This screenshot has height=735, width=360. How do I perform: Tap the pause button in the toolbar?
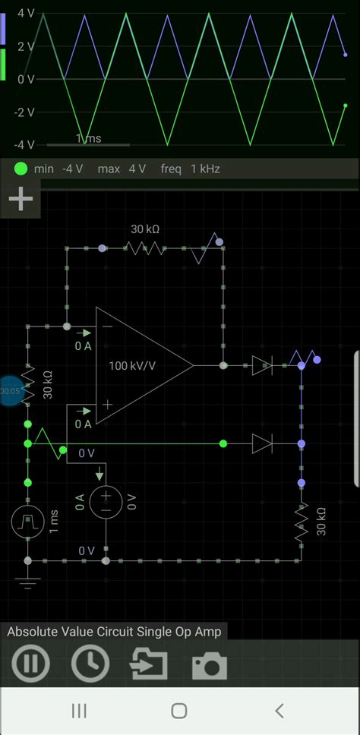point(30,664)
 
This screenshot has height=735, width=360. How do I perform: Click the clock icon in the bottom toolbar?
point(90,664)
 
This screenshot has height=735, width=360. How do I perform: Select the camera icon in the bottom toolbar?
point(209,665)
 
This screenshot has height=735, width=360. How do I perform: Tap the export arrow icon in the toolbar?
point(150,664)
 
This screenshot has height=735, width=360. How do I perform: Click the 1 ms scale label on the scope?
point(88,138)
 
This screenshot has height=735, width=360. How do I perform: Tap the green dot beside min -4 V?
point(21,169)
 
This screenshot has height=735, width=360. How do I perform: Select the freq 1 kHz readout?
point(190,169)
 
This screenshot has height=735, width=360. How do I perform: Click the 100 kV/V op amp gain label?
point(132,366)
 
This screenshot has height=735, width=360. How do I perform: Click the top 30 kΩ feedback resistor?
point(144,248)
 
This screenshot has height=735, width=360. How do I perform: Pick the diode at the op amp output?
point(261,365)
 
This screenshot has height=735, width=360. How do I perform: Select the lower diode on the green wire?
point(261,443)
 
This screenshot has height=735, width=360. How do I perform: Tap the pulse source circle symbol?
point(27,521)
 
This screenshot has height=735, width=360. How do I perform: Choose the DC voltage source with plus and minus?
point(105,501)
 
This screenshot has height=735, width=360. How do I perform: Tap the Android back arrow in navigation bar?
point(279,711)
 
